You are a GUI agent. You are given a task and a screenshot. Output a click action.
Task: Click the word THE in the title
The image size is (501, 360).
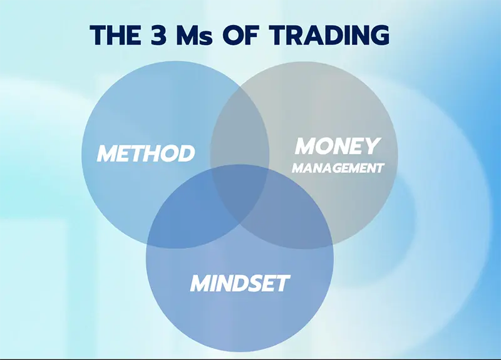point(115,34)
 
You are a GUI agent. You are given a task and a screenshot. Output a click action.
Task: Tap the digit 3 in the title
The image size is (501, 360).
point(158,34)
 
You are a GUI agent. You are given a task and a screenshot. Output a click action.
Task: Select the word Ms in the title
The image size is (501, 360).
point(194,34)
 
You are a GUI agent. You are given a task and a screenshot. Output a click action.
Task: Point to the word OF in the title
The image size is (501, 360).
point(240,34)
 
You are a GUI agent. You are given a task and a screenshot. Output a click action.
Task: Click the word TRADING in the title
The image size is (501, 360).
point(329,34)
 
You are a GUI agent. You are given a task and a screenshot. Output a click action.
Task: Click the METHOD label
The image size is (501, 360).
point(146,153)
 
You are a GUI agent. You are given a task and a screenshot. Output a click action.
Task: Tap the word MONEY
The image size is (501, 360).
point(338,146)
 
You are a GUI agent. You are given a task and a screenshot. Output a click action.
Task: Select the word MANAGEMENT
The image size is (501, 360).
point(338,168)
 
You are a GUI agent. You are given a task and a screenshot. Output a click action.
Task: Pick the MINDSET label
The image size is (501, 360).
point(240,284)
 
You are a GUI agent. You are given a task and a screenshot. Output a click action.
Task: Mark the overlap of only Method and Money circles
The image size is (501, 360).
point(240,128)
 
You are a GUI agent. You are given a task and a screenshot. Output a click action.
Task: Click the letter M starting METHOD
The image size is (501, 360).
point(106,153)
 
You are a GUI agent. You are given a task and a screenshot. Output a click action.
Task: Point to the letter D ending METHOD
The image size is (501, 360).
point(187,153)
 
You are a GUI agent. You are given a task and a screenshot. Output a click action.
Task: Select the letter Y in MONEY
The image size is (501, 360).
point(373,146)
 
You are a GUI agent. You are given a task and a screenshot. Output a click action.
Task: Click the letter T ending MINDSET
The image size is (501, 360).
point(282,284)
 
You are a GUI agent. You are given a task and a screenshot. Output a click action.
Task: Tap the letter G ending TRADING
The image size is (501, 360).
point(380,34)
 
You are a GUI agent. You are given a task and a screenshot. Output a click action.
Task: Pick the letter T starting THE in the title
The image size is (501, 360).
point(98,34)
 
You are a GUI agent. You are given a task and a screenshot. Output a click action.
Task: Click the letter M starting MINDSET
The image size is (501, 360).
point(200,284)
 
